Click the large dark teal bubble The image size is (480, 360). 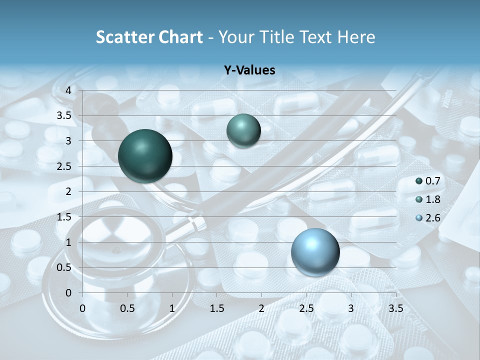[145, 156]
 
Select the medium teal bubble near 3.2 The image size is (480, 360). [243, 130]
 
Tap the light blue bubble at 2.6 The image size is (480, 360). [315, 251]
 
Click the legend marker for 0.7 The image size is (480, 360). [419, 181]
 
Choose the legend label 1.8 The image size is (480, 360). [432, 199]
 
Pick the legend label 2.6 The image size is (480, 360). [432, 218]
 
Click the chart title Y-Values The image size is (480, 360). [249, 70]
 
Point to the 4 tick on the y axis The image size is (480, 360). [68, 90]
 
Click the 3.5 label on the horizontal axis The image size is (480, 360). [396, 308]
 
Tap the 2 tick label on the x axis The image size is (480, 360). [261, 308]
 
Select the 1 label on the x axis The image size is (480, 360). [172, 308]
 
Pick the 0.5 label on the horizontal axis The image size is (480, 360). [127, 308]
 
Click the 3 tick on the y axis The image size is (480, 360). [68, 141]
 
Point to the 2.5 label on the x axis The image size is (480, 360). [306, 308]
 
